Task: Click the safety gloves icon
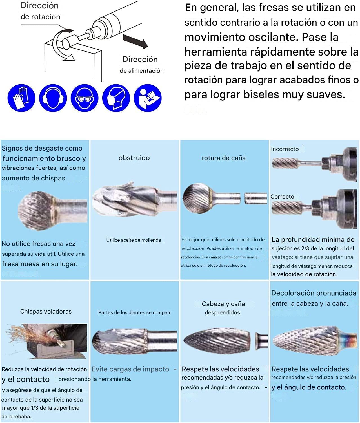(x=21, y=98)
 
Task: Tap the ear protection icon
(x=53, y=98)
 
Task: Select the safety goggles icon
(x=85, y=98)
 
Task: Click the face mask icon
(x=116, y=98)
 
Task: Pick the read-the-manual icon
(x=148, y=98)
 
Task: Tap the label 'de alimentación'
(x=142, y=71)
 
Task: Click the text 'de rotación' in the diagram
(x=41, y=17)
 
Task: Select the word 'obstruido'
(x=134, y=158)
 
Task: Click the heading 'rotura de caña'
(x=224, y=158)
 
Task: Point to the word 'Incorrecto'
(x=285, y=149)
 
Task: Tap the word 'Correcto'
(x=282, y=197)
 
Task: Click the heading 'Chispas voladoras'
(x=46, y=311)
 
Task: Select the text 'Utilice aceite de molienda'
(x=134, y=240)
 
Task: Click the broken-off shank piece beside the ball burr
(x=256, y=199)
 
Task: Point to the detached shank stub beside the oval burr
(x=261, y=341)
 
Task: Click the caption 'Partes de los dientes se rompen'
(x=134, y=312)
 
